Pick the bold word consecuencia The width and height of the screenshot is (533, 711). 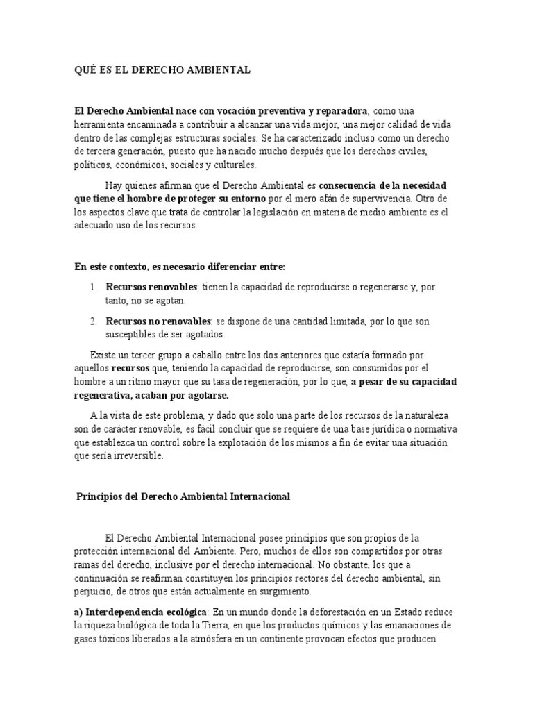348,186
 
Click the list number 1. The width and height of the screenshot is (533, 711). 93,287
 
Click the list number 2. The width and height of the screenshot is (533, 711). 93,321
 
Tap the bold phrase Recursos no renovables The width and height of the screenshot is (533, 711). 158,321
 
